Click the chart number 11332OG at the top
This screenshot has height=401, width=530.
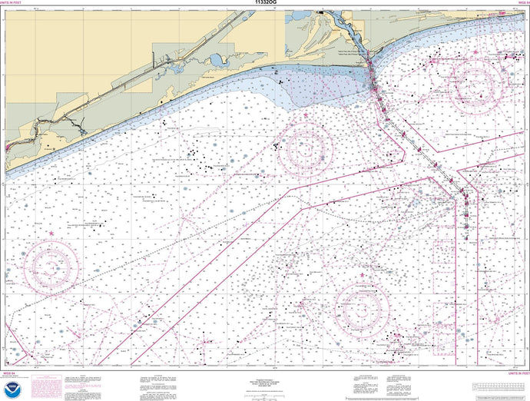tap(265, 4)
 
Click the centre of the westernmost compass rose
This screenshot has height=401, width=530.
tap(51, 268)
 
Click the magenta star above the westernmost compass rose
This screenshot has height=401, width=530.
tap(51, 233)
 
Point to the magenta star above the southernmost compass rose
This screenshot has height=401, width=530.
tap(362, 287)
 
